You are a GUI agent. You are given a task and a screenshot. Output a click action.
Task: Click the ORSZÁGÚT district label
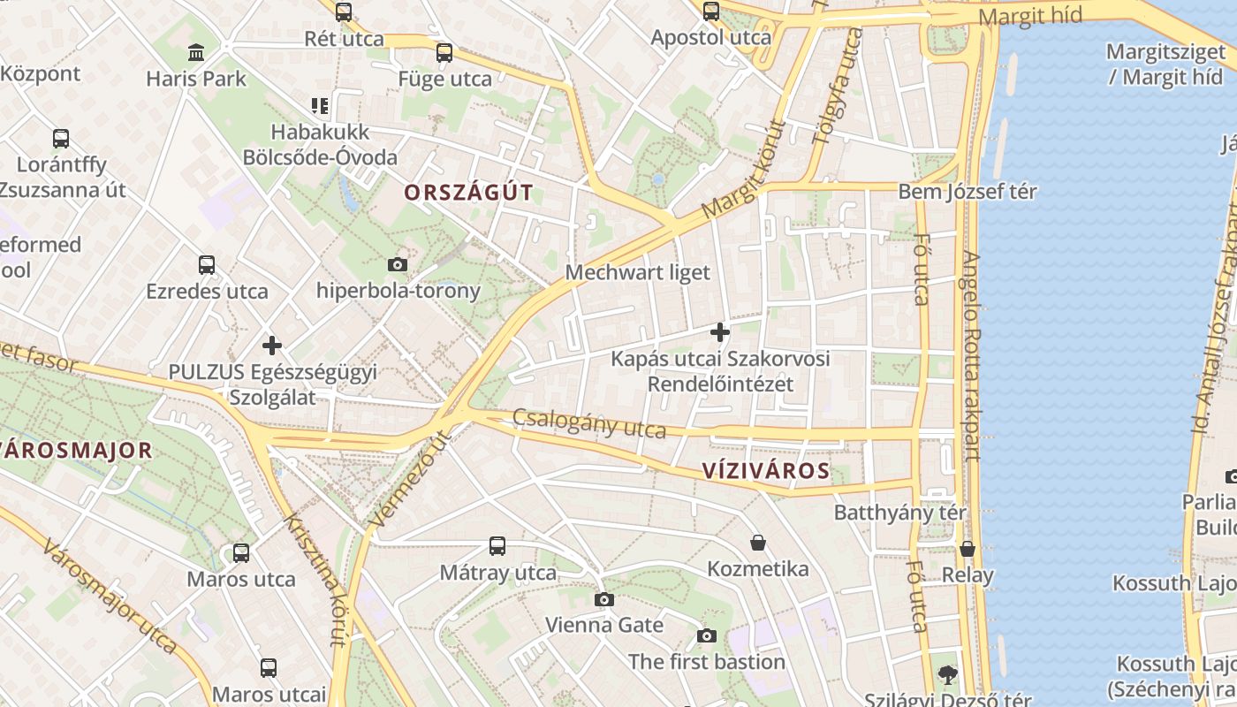pos(469,192)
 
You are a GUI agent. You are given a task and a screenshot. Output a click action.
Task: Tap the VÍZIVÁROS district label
pos(767,470)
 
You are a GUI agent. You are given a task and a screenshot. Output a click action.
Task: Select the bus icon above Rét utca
pos(344,12)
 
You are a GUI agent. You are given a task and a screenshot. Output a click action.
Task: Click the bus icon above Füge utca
pos(444,53)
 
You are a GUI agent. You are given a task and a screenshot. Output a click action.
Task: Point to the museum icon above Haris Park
pos(196,53)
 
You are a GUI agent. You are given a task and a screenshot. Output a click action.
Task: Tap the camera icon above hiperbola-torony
pos(398,264)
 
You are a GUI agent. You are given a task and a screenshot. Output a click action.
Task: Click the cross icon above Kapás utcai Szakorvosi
pos(720,332)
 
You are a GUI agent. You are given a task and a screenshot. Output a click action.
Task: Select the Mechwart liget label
pos(637,272)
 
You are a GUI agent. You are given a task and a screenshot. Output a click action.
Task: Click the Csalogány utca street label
pos(589,423)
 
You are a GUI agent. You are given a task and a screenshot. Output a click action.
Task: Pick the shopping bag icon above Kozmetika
pos(757,543)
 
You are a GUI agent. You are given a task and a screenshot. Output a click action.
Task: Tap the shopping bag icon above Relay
pos(968,549)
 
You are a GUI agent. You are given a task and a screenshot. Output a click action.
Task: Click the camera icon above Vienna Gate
pos(603,599)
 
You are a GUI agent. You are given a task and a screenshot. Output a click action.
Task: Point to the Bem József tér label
pos(968,192)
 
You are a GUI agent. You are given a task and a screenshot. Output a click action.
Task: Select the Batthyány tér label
pos(900,513)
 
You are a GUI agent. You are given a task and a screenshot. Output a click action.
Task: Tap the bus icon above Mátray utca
pos(497,546)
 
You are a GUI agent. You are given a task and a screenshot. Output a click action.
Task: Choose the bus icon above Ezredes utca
pos(207,265)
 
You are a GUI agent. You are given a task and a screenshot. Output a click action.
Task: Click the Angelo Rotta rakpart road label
pos(970,355)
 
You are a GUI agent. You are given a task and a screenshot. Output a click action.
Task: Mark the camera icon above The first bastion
pos(706,635)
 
